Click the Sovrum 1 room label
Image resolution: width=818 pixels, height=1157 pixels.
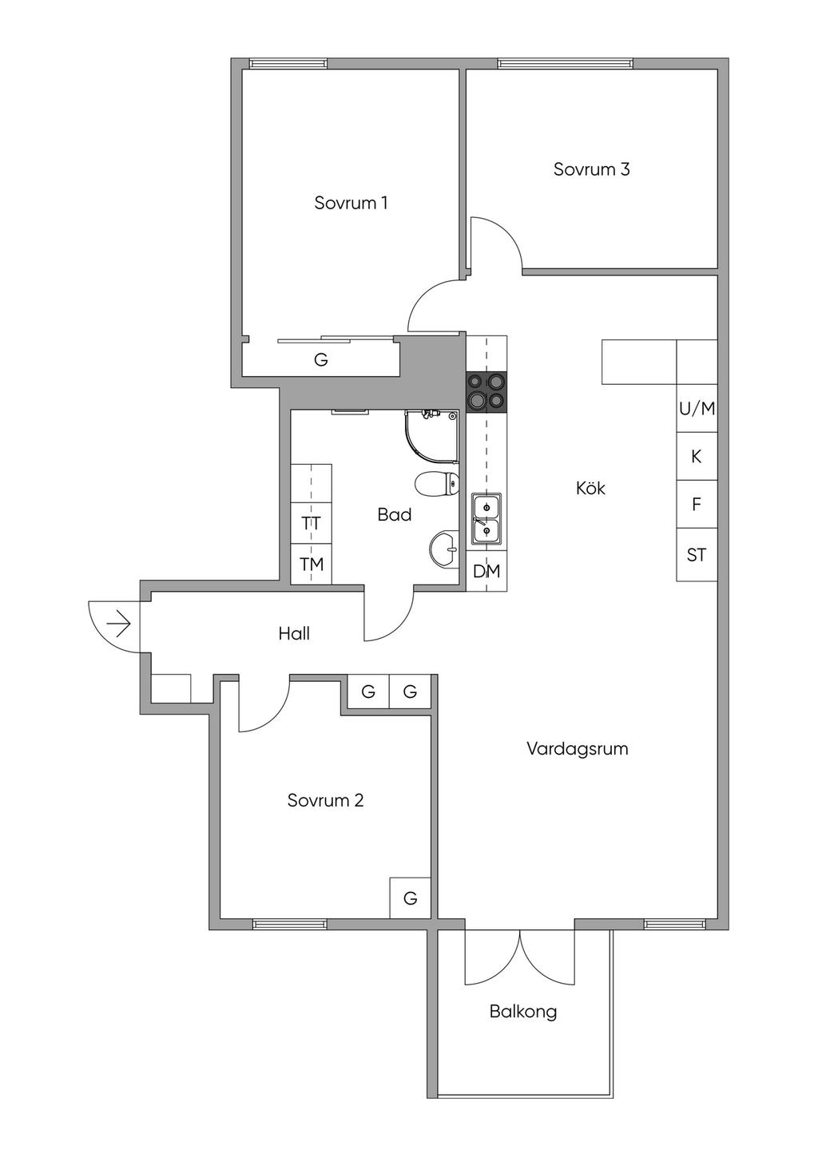click(351, 203)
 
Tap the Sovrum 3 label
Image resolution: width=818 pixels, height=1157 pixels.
click(591, 169)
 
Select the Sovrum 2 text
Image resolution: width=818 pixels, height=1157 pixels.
click(325, 800)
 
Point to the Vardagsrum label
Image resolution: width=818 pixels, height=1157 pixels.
click(578, 749)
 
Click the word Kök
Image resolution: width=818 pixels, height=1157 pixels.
click(590, 488)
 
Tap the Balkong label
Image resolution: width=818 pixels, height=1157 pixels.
click(523, 1012)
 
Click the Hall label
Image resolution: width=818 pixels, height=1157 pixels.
click(294, 633)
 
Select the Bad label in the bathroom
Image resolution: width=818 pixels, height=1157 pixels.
click(395, 514)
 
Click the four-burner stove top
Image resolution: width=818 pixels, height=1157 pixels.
click(486, 393)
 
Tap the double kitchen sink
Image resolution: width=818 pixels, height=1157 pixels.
click(486, 518)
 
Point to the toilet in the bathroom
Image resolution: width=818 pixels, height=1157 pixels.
click(437, 484)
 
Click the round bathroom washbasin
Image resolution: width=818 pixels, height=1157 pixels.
click(444, 550)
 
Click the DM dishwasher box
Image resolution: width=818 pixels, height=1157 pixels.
click(486, 571)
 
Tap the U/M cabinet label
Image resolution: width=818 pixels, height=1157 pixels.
click(697, 409)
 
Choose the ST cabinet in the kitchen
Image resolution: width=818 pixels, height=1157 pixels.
click(697, 555)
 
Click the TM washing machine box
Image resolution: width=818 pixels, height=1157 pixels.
click(311, 564)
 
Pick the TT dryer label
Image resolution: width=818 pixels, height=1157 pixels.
click(311, 523)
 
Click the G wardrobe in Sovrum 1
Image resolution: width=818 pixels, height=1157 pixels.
click(321, 359)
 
